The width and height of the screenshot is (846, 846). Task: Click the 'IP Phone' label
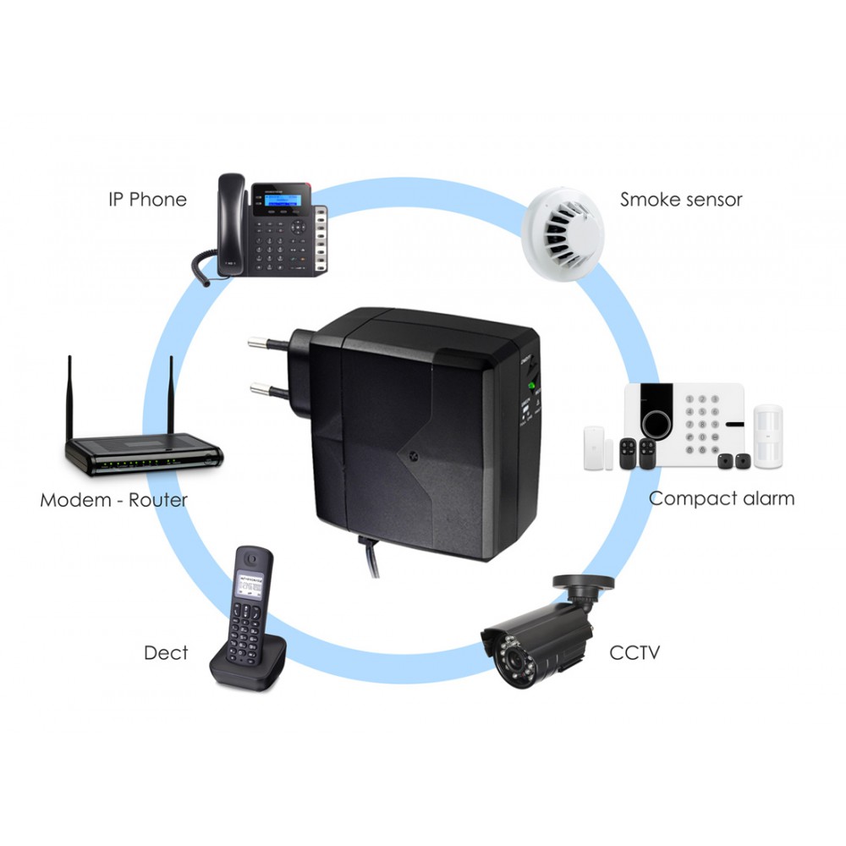(146, 200)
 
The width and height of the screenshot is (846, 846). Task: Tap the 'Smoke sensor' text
(680, 200)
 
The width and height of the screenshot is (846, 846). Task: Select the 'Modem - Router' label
(113, 500)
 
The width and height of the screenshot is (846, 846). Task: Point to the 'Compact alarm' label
(722, 498)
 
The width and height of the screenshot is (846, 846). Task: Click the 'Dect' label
(166, 653)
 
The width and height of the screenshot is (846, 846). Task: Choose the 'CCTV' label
(634, 652)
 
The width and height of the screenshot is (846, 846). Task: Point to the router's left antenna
(69, 398)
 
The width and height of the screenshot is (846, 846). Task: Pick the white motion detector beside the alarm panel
(768, 435)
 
